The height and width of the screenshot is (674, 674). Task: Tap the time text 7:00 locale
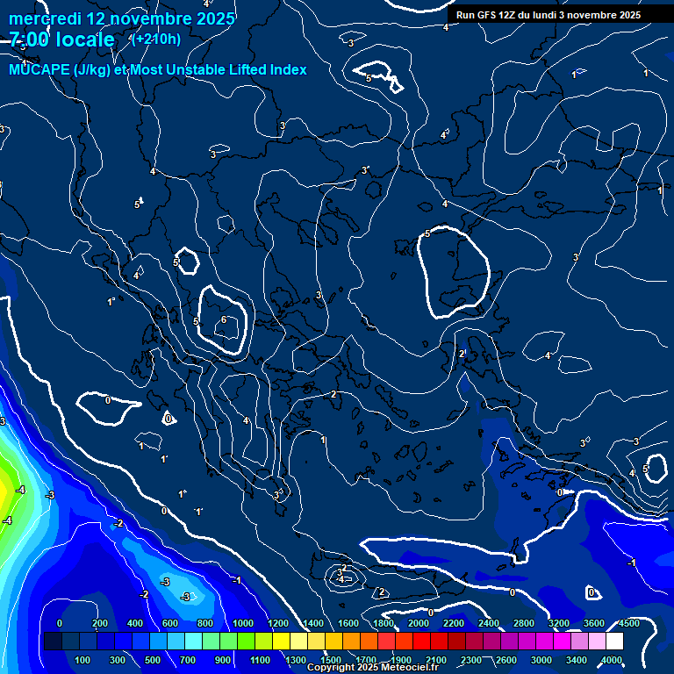click(62, 39)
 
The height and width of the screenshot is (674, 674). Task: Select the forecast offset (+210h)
click(155, 39)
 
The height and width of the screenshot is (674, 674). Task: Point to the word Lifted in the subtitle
click(247, 69)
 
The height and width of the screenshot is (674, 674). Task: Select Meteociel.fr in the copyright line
click(407, 668)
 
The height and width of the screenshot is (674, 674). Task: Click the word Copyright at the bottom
click(330, 668)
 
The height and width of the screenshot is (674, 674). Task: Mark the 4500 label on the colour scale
click(629, 623)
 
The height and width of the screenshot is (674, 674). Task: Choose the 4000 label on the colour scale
click(612, 660)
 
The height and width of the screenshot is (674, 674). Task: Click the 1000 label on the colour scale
click(243, 623)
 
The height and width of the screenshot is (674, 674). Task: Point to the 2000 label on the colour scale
click(419, 623)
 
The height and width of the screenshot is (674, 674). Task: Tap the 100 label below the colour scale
click(82, 660)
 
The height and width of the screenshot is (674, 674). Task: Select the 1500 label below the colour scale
click(331, 660)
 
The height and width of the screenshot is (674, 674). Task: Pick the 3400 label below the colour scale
click(577, 660)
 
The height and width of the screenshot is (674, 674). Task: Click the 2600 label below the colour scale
click(506, 660)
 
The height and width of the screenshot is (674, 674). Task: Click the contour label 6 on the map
click(223, 319)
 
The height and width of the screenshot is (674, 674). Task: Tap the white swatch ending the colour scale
click(614, 642)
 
